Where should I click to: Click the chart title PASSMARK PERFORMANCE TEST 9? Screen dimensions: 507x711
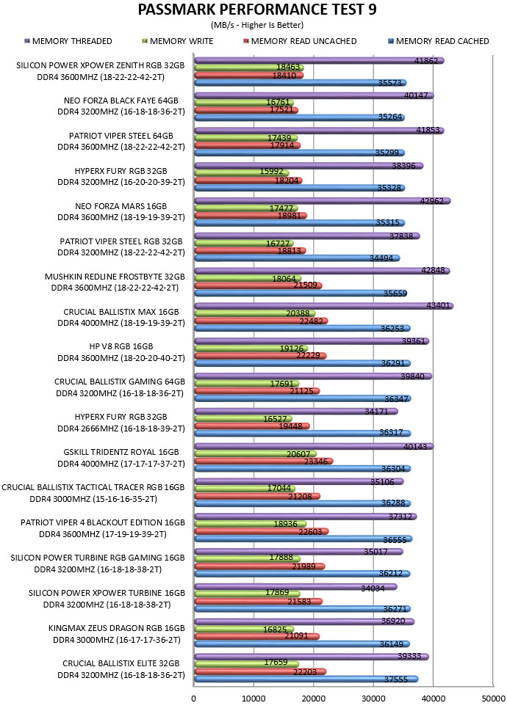(257, 10)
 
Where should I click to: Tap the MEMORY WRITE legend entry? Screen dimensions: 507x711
(178, 41)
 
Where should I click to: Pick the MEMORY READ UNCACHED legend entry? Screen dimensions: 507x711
(300, 41)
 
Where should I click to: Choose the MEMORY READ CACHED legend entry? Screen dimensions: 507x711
(439, 41)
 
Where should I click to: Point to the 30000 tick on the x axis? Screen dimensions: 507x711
(373, 699)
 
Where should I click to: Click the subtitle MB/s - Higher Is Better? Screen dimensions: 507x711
(257, 25)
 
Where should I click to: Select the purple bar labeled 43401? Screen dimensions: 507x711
(323, 306)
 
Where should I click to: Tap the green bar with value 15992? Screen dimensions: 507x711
(242, 172)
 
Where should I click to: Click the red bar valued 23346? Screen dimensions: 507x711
(264, 461)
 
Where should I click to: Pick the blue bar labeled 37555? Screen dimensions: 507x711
(306, 679)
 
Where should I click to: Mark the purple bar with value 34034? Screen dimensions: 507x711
(295, 587)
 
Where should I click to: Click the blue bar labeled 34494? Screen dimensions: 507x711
(298, 258)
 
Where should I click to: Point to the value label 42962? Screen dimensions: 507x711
(432, 201)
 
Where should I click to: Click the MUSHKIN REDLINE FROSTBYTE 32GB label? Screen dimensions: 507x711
(115, 277)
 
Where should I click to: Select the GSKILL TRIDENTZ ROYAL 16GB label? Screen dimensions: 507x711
(121, 452)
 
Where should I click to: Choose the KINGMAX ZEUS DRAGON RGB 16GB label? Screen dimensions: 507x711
(117, 628)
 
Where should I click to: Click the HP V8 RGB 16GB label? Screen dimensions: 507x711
(121, 346)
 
